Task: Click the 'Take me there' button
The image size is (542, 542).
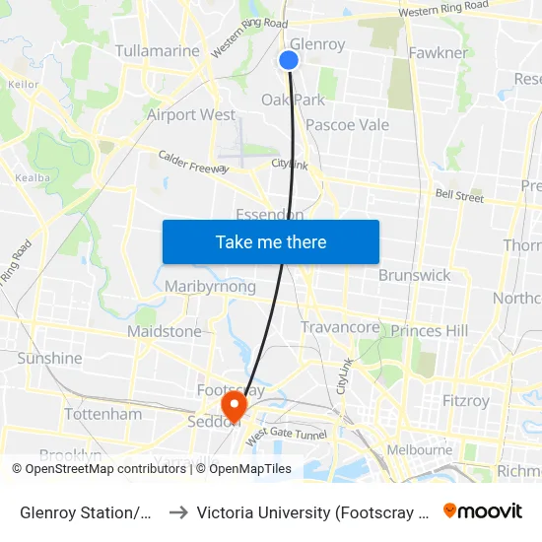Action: point(271,241)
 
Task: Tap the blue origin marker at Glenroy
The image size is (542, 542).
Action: point(289,60)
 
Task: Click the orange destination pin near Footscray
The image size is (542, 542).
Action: point(234,406)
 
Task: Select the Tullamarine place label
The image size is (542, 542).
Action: point(158,50)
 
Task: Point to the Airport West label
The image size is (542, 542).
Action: point(191,114)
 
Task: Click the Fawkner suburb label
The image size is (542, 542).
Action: point(437,52)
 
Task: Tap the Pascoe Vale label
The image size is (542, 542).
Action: point(347,125)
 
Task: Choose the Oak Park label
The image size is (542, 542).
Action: point(293,100)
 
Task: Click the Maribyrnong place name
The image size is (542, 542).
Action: point(211,287)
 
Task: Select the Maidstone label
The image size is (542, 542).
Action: point(164,331)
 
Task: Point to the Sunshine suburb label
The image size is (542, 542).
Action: point(49,358)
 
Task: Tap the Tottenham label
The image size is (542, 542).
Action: point(103,414)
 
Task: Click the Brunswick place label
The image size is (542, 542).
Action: point(414,275)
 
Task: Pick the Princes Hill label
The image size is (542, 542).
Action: point(430,331)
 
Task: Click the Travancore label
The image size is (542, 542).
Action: point(340,327)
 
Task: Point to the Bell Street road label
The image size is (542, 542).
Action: point(459,197)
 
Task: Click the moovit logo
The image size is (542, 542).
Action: point(482,510)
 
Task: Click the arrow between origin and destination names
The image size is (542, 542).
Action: point(178,511)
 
